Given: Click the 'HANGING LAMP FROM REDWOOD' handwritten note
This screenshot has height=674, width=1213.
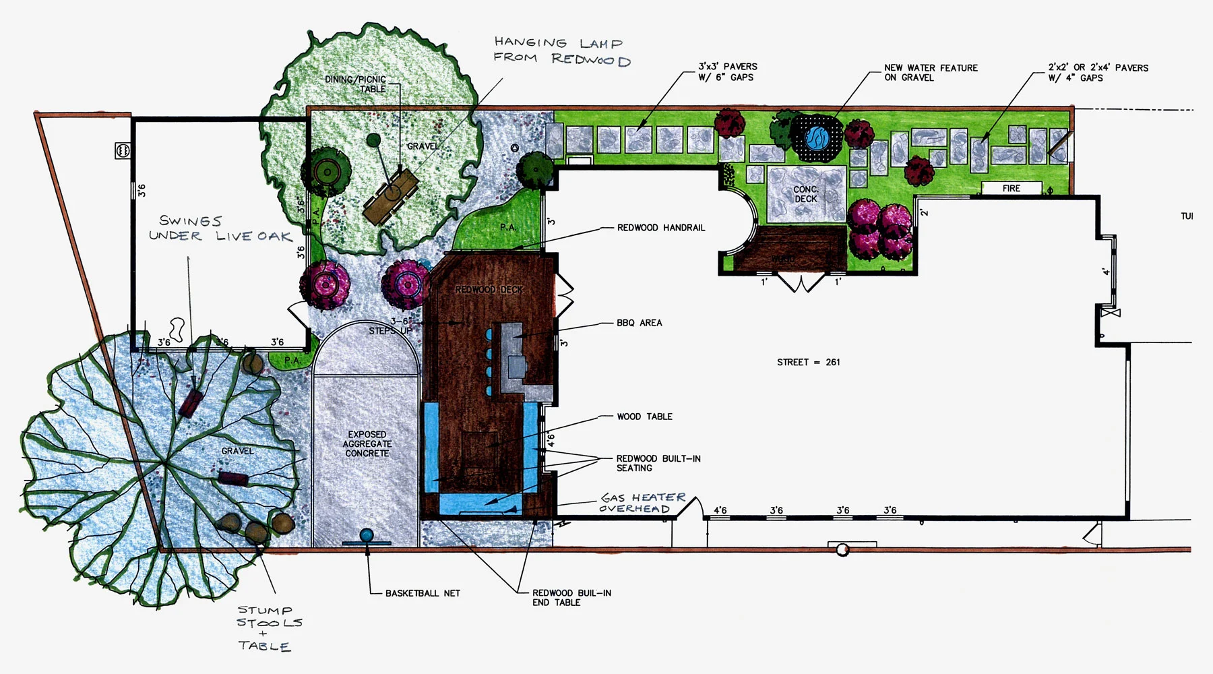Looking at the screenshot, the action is click(x=561, y=51).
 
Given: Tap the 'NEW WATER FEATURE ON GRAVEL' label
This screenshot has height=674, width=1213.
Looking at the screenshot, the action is click(x=931, y=73).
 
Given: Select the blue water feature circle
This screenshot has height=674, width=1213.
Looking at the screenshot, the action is click(x=817, y=137).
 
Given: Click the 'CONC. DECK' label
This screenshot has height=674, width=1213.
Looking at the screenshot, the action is click(x=805, y=194).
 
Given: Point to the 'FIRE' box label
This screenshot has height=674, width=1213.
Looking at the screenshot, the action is click(x=1011, y=189).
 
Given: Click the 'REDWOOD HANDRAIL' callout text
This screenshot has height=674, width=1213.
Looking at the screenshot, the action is click(x=660, y=228).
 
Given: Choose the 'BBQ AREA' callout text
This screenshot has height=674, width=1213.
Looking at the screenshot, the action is click(x=639, y=323).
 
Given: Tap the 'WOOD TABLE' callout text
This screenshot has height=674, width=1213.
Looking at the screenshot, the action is click(x=644, y=417).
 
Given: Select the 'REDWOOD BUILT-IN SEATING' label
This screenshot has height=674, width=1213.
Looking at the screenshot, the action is click(x=658, y=463).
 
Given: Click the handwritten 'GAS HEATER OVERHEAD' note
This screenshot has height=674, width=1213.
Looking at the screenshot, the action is click(x=642, y=503).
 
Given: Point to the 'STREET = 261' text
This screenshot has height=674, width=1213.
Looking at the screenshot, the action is click(x=808, y=362).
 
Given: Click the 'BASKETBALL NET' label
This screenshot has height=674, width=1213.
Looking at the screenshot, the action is click(x=423, y=593).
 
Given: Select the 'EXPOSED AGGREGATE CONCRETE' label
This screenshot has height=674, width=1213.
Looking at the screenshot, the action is click(x=367, y=443).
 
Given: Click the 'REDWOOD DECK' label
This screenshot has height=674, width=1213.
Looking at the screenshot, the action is click(x=489, y=289).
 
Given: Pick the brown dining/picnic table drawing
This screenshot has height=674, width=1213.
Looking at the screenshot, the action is click(x=391, y=196).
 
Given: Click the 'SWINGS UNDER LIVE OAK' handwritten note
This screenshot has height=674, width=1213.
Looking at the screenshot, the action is click(x=220, y=228).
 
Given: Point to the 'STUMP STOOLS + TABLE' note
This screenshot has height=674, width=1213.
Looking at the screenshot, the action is click(x=268, y=627).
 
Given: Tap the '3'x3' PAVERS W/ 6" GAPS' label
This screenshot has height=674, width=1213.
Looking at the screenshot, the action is click(x=727, y=71).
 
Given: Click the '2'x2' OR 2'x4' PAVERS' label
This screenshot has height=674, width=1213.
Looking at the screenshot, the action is click(x=1098, y=73).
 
